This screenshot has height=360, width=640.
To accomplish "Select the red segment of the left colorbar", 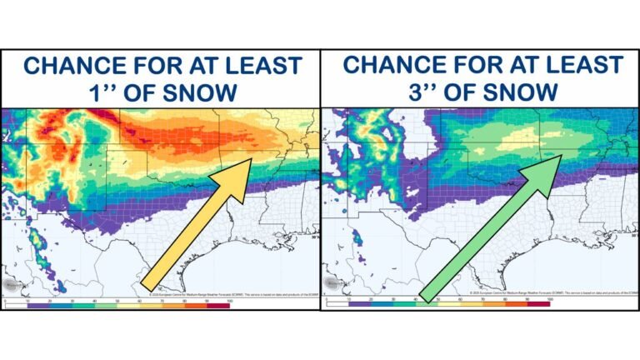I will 218,306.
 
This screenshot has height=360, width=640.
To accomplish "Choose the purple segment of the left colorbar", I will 37,306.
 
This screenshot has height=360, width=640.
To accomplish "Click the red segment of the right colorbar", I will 538,306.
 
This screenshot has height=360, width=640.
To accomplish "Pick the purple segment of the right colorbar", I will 357,306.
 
